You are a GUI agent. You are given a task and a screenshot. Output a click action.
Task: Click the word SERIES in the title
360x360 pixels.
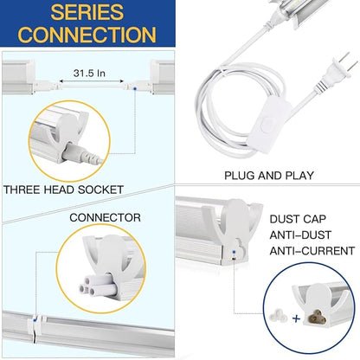(87, 12)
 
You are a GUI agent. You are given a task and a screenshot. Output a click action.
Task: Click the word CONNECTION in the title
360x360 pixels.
(87, 35)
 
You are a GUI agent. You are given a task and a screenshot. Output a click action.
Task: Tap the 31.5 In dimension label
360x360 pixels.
(89, 73)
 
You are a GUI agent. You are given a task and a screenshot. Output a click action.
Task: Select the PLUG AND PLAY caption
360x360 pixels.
(269, 176)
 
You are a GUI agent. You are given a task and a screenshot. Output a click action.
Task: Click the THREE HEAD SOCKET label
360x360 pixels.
(63, 190)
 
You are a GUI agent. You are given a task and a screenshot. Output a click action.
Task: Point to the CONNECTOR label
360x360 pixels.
(105, 217)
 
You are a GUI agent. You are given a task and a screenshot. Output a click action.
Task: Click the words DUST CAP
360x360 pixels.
(298, 219)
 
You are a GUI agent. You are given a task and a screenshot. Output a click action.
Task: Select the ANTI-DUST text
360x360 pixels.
(300, 235)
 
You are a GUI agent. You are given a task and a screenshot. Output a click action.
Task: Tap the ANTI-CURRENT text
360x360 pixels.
(312, 251)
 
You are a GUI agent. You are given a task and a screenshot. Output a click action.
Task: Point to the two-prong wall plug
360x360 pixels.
(339, 70)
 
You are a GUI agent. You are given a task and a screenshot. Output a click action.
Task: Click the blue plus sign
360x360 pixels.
(296, 318)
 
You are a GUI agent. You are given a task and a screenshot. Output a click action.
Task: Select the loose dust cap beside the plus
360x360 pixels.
(279, 317)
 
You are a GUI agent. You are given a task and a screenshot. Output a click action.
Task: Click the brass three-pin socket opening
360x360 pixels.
(316, 318)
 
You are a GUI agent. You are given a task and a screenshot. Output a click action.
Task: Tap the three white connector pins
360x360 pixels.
(93, 285)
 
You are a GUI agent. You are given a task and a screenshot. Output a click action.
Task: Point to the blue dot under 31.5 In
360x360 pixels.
(135, 88)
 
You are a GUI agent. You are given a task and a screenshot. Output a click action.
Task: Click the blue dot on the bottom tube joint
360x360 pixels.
(35, 319)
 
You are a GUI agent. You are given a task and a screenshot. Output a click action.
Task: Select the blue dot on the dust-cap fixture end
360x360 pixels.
(234, 252)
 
